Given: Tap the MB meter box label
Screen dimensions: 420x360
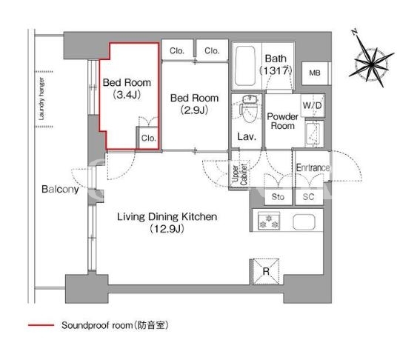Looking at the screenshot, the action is coord(315,73).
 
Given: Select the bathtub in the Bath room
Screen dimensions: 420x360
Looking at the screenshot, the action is coord(244,66).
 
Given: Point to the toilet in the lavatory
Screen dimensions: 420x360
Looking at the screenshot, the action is coord(249,108).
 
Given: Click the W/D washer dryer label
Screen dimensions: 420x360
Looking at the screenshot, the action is coord(312,105).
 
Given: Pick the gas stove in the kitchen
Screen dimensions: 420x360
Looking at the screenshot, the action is coord(269,221).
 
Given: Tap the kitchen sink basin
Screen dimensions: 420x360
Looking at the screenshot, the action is coord(304,222).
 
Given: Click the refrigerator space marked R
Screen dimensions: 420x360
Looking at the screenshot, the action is coord(265,271).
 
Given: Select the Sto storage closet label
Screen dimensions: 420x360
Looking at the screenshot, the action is coord(278,197).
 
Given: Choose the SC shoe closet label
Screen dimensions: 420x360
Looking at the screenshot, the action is coord(308,197).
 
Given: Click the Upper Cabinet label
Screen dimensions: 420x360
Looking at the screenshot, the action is coord(239,175).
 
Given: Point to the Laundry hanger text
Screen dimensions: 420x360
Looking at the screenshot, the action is coord(41,99).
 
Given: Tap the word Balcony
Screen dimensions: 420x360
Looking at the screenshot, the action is coord(60,190).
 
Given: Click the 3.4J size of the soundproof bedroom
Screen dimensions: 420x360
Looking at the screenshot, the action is coord(127,95).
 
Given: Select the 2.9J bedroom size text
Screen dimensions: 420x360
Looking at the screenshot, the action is coord(194,110).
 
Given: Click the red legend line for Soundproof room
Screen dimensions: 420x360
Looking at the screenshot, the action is coord(41,325).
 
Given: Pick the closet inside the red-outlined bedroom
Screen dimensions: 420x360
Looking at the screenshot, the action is coord(148,138).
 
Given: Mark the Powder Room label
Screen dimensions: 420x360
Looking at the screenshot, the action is coord(282,121).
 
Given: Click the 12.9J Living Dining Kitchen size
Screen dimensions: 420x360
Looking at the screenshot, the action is coord(167,229).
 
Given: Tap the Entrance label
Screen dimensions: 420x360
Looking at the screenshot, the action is coord(313,167).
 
